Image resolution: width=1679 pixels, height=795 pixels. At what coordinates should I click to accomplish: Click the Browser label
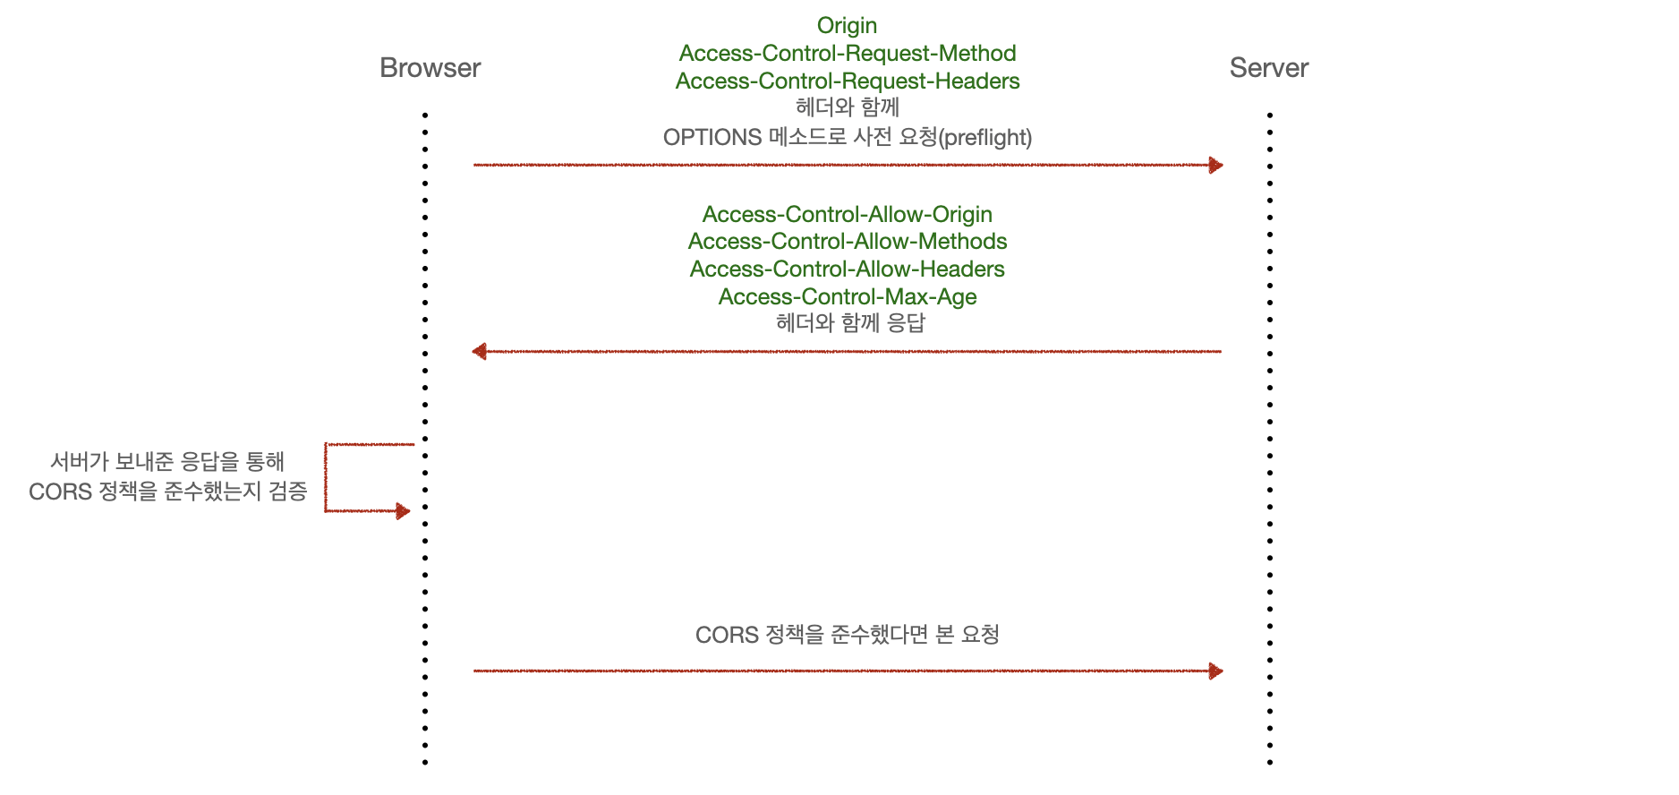[x=430, y=68]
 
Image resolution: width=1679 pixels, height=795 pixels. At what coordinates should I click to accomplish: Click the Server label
[x=1268, y=68]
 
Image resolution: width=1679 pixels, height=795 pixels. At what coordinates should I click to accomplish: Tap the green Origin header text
[x=847, y=26]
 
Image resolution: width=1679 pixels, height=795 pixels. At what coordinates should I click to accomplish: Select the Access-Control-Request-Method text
[x=847, y=54]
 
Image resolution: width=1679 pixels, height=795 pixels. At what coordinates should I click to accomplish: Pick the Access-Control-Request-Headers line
[x=847, y=81]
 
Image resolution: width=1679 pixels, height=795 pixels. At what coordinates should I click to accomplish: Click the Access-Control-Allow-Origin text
[x=847, y=215]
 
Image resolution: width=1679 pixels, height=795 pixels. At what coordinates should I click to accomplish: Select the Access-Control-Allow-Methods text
[x=847, y=242]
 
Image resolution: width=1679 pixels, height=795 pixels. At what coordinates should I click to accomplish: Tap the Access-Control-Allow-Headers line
[x=847, y=269]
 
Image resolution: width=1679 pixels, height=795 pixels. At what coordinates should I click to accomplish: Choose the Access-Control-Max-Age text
[x=847, y=297]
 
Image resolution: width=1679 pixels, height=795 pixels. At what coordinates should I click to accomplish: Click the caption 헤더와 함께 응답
[x=850, y=323]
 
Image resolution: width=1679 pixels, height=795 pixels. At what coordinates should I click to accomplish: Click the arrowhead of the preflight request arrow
[x=1215, y=165]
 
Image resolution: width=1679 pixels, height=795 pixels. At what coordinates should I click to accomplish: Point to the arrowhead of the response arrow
[x=480, y=351]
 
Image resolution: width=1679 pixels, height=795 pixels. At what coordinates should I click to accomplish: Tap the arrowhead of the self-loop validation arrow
[x=403, y=511]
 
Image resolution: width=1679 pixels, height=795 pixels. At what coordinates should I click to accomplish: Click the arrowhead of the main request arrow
[x=1215, y=671]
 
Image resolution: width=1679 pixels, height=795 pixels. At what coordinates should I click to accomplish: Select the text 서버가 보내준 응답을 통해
[x=167, y=462]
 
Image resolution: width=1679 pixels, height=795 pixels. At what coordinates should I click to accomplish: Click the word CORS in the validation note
[x=60, y=492]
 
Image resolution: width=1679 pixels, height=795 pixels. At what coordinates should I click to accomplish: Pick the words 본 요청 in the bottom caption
[x=967, y=635]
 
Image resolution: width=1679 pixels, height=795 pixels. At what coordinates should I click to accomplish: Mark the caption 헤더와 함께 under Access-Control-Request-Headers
[x=847, y=108]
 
